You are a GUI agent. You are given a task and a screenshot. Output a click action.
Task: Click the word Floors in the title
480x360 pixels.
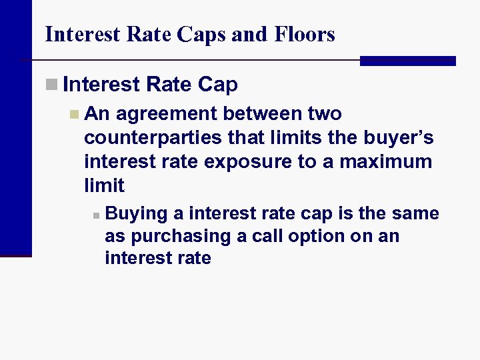[x=303, y=34]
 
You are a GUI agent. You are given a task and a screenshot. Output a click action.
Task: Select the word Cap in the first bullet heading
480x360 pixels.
[x=217, y=85]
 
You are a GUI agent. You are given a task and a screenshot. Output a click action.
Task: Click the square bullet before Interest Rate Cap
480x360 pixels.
[x=51, y=85]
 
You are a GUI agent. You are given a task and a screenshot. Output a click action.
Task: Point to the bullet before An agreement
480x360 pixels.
[x=74, y=115]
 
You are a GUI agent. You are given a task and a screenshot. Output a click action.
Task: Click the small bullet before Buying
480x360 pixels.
[x=96, y=215]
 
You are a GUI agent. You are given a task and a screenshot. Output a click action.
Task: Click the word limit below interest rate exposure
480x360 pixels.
[x=104, y=185]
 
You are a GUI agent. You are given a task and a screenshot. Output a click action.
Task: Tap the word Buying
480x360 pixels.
[x=136, y=214]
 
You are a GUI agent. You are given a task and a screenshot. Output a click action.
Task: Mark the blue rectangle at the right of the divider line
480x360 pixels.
[x=407, y=61]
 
